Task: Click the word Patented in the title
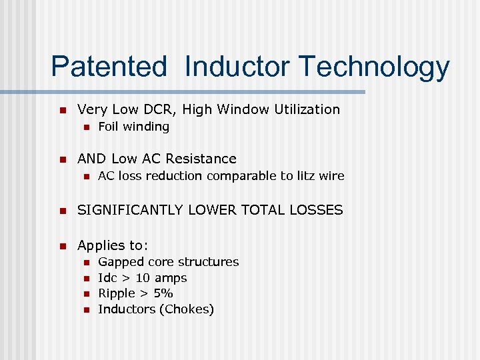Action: (109, 67)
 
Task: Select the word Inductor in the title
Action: (237, 67)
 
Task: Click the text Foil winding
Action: (133, 127)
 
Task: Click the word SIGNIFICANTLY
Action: (130, 210)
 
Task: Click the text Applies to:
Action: (113, 245)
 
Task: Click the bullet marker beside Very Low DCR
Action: (62, 110)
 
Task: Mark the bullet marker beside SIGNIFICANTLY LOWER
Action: (62, 211)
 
